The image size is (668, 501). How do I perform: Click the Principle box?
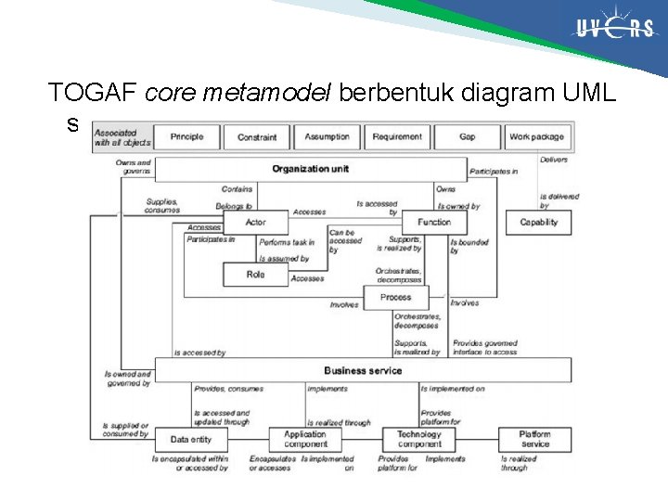186,136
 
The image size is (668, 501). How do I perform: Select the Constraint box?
257,136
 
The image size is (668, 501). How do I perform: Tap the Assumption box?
328,136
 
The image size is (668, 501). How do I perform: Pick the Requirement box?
397,136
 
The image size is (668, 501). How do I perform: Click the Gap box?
468,136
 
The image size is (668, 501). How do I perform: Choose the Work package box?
536,136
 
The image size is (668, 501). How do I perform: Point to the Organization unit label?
311,169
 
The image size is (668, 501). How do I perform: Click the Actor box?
255,223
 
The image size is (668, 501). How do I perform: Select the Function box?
434,223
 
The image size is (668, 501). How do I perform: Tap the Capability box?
538,223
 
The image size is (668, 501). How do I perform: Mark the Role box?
255,275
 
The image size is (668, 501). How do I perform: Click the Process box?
395,298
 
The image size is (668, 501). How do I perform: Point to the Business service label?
363,370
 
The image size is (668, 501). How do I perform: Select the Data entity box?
191,439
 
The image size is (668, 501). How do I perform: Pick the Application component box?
305,439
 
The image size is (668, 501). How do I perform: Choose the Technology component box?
419,439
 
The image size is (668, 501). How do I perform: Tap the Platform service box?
534,439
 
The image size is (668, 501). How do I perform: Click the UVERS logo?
613,29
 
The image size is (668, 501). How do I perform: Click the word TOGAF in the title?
94,93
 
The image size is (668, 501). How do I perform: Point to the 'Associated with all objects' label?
122,137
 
